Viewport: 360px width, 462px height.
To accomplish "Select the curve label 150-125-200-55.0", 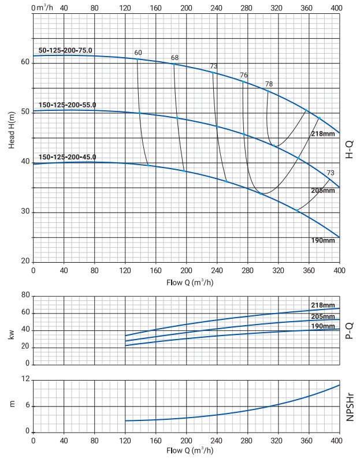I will point(67,105).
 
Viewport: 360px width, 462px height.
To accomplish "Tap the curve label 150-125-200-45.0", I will point(67,157).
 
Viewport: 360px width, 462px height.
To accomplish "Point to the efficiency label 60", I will point(138,53).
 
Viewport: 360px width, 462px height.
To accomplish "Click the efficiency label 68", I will point(175,58).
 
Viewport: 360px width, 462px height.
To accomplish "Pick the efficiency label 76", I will point(244,76).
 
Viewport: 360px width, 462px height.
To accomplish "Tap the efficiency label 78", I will point(269,84).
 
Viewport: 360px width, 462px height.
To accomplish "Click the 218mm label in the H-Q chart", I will point(323,134).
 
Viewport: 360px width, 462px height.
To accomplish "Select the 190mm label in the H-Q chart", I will point(323,240).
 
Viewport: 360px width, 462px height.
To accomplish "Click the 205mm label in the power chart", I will point(323,316).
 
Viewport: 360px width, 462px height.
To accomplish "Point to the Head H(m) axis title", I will point(12,131).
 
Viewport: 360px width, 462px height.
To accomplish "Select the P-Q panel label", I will point(350,330).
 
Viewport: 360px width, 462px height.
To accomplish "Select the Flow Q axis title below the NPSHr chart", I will point(186,450).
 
